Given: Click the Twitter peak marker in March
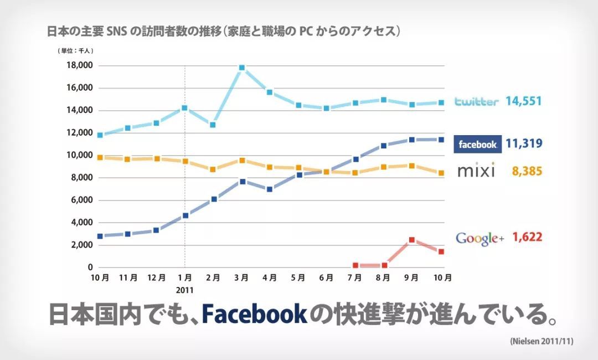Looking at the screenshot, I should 241,68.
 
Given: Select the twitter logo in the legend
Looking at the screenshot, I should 476,101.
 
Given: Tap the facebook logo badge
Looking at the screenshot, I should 478,144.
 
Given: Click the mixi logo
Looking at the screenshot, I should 476,171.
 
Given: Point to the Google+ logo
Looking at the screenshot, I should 480,238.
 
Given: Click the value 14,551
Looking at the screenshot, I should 523,101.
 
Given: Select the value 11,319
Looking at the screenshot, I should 523,144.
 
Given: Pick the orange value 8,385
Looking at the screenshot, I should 527,172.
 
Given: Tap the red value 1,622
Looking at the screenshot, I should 527,238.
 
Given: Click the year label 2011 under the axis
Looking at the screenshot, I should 185,289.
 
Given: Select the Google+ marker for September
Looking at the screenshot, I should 412,240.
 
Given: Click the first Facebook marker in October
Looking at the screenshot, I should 100,236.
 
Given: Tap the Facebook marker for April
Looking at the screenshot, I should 270,189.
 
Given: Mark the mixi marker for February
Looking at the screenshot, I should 213,169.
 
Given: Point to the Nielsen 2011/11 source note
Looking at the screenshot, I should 541,342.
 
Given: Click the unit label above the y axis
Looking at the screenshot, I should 75,50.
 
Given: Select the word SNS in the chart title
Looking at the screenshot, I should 117,31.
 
